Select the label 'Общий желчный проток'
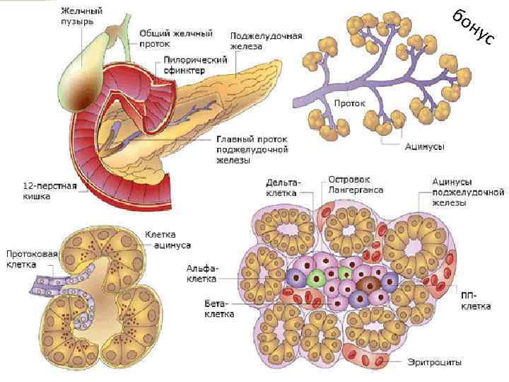pyautogui.click(x=167, y=38)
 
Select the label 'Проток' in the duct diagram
pyautogui.click(x=349, y=103)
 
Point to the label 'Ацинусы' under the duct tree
pyautogui.click(x=424, y=146)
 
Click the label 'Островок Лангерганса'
pyautogui.click(x=354, y=185)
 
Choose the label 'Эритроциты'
pyautogui.click(x=434, y=362)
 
